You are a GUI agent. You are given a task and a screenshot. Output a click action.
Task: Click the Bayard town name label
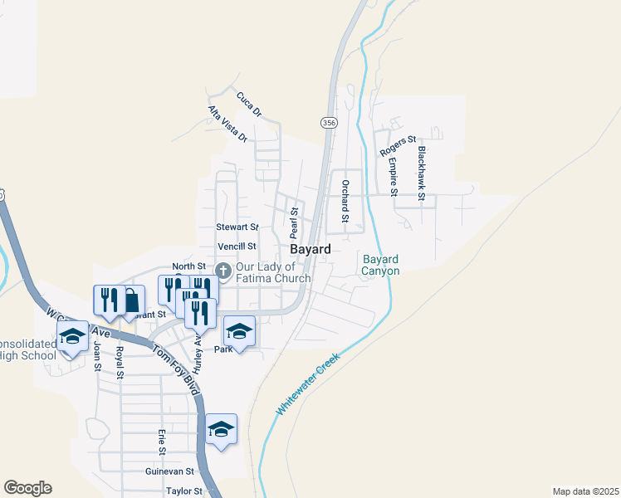(x=310, y=249)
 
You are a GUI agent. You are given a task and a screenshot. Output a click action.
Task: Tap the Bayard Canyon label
(x=381, y=266)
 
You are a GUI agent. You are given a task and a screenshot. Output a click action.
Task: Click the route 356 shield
(x=329, y=122)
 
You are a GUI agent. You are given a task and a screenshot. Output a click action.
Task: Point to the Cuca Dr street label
(x=248, y=105)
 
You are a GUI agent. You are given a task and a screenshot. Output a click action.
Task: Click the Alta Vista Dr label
(x=228, y=124)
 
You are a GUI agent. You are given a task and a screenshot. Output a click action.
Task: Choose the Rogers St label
(x=398, y=146)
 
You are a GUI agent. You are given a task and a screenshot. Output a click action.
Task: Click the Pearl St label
(x=294, y=222)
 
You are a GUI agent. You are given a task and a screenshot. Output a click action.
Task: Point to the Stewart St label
(x=237, y=227)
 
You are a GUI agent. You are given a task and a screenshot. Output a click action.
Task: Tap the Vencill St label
(x=237, y=247)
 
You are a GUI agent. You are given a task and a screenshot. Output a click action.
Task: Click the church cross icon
(x=223, y=271)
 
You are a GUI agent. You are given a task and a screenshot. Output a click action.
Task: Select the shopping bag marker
(x=130, y=301)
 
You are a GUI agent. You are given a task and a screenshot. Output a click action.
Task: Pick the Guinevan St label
(x=169, y=471)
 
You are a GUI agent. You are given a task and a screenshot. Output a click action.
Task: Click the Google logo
(x=27, y=488)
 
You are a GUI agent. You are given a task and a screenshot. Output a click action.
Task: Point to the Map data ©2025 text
(x=585, y=491)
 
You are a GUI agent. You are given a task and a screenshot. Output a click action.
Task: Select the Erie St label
(x=162, y=442)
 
